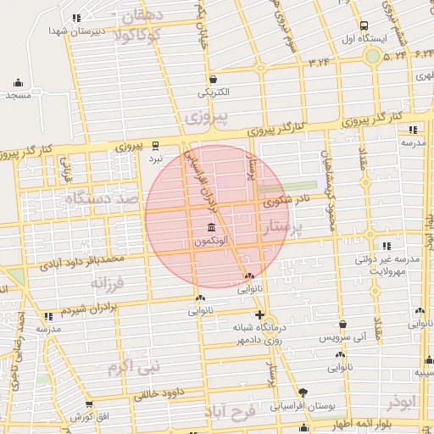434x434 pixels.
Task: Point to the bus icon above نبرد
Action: click(x=155, y=145)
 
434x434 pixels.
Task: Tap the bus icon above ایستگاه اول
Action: click(x=364, y=25)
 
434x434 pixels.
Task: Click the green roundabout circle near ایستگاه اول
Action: click(x=372, y=56)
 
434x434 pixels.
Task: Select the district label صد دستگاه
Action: click(x=100, y=200)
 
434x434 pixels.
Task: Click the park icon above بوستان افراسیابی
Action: click(x=303, y=392)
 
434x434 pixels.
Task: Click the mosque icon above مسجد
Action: click(x=18, y=83)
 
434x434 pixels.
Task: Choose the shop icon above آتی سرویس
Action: click(x=342, y=325)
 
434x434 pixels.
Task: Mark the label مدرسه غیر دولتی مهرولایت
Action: click(x=392, y=264)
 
